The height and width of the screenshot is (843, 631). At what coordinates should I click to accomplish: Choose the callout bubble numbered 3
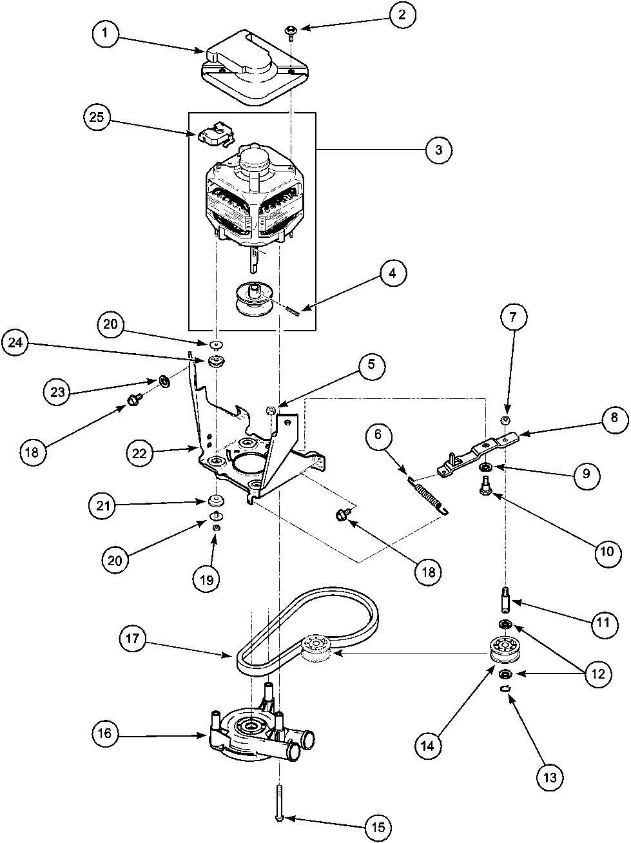click(x=438, y=150)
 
